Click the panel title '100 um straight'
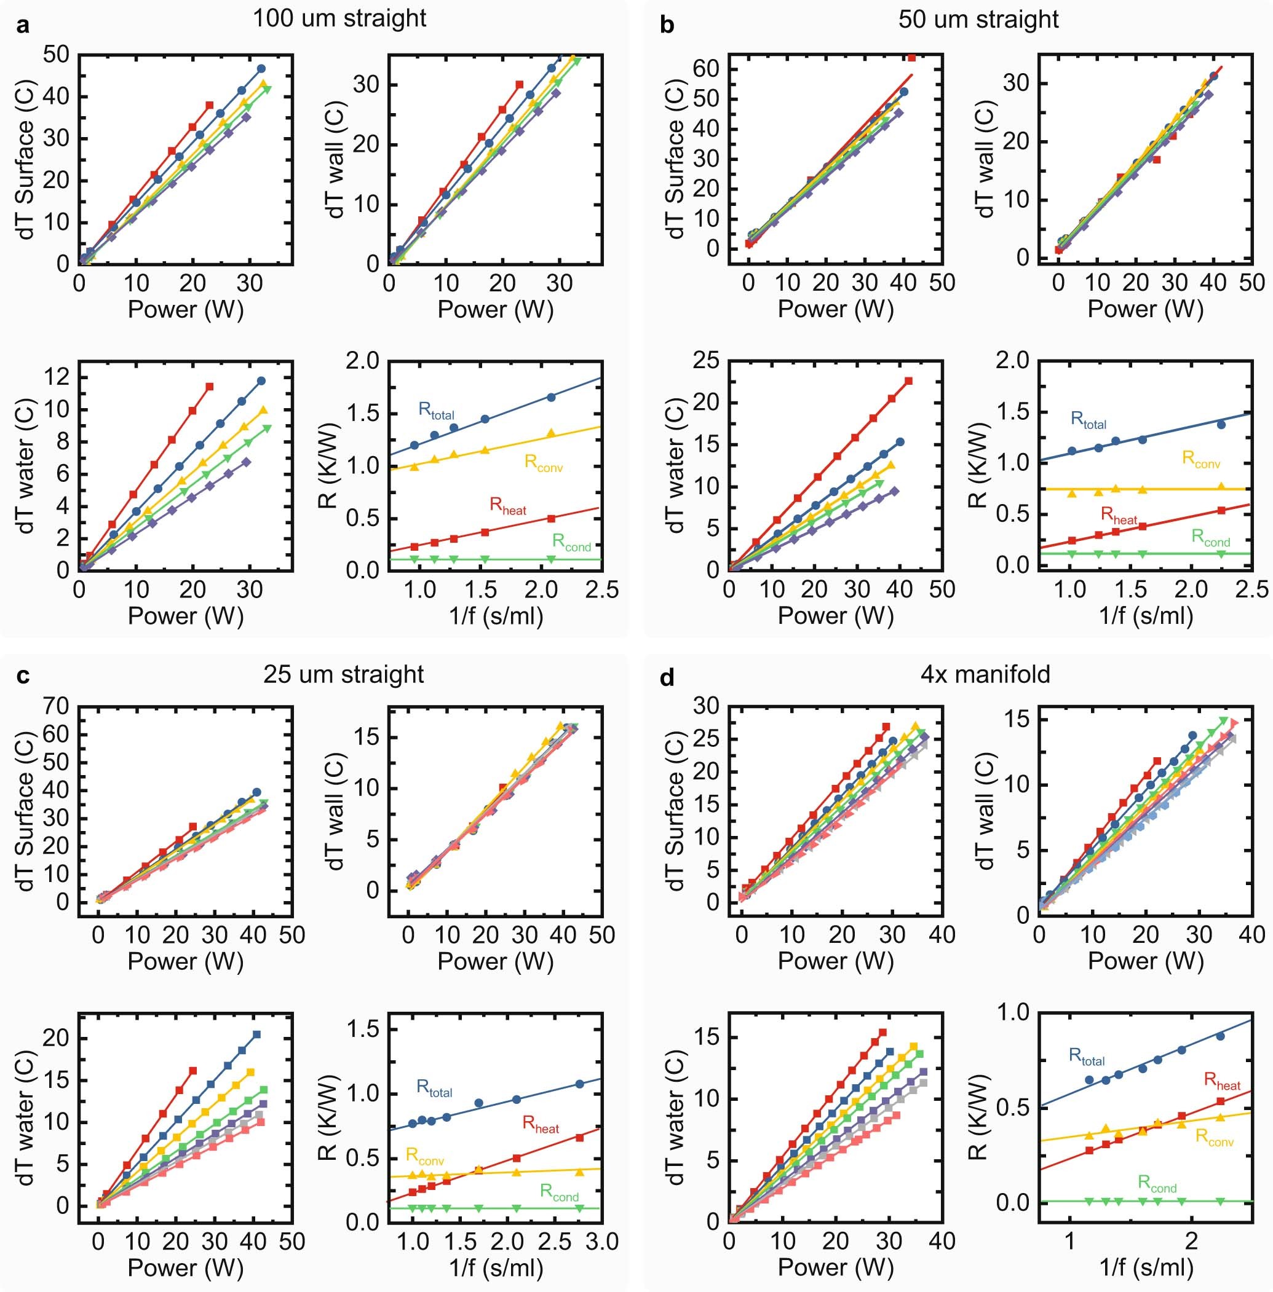(x=339, y=18)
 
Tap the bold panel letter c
(x=23, y=676)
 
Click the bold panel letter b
(x=667, y=25)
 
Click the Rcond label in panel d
(x=1157, y=1183)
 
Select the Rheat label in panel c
(x=540, y=1124)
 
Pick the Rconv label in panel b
(x=1201, y=459)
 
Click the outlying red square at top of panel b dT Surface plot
(x=911, y=58)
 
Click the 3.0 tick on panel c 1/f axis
(x=601, y=1241)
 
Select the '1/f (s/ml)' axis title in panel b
(x=1145, y=615)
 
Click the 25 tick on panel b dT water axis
(x=705, y=361)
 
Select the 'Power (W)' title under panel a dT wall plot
(x=496, y=309)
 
